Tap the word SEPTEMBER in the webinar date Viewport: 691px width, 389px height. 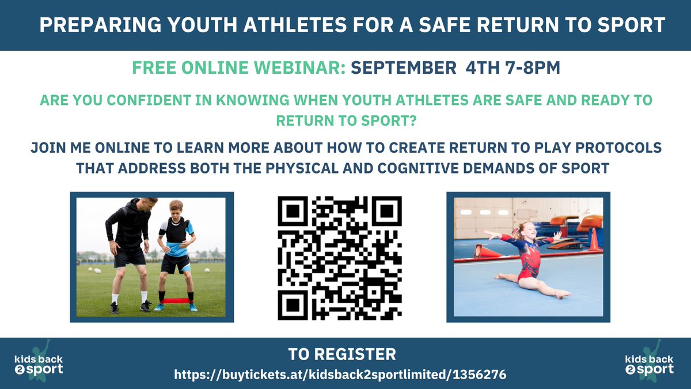pyautogui.click(x=403, y=69)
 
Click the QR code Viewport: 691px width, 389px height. pyautogui.click(x=340, y=258)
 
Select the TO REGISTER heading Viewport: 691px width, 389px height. pyautogui.click(x=342, y=353)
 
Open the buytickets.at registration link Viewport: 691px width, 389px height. pyautogui.click(x=340, y=375)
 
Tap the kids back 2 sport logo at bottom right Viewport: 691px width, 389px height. pyautogui.click(x=649, y=362)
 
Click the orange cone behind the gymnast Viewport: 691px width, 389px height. pyautogui.click(x=594, y=240)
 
